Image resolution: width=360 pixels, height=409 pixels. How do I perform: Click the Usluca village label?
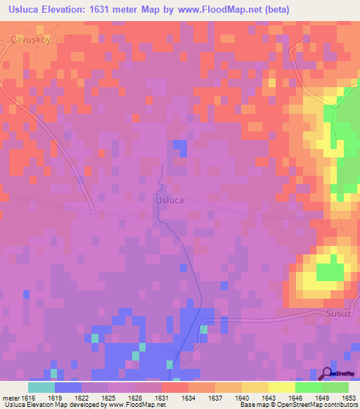tap(169, 200)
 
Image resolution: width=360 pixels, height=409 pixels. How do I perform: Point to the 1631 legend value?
tap(161, 397)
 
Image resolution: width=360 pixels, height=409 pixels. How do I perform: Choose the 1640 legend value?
tap(240, 397)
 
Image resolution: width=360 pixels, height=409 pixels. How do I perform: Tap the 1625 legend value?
tap(108, 397)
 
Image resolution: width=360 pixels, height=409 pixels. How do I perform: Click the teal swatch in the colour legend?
tap(41, 387)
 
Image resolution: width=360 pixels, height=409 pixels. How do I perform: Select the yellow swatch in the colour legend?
tap(281, 387)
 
